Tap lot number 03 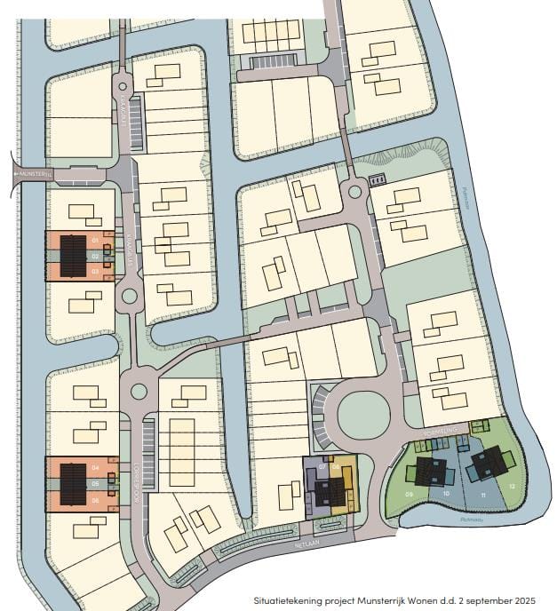click(x=94, y=271)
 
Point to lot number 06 click(x=94, y=500)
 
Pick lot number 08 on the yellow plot click(x=336, y=464)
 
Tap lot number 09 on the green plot click(x=410, y=494)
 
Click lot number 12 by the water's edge click(x=513, y=486)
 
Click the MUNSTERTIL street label click(x=37, y=174)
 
